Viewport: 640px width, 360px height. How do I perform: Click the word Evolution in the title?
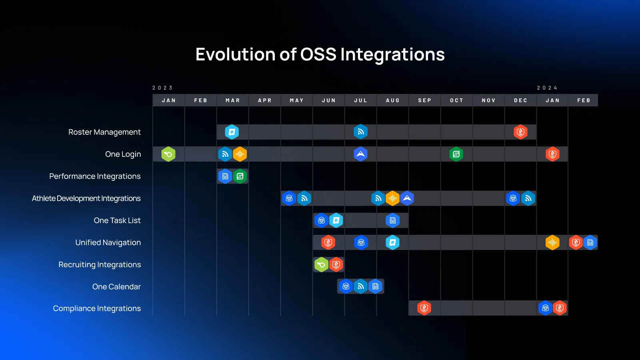[x=235, y=54]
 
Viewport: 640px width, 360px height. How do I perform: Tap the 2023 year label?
[x=162, y=88]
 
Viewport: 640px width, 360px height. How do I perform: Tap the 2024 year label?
[x=547, y=88]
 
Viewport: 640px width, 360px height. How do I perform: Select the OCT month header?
[x=456, y=100]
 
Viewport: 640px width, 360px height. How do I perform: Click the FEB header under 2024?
[x=584, y=100]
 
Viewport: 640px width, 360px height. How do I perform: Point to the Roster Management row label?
[x=104, y=132]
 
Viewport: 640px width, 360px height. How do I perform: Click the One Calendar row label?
[x=116, y=286]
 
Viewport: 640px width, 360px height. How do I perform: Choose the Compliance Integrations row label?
[x=97, y=308]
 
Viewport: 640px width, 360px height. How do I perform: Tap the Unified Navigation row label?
[x=108, y=242]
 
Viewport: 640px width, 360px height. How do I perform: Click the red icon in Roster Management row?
[x=520, y=132]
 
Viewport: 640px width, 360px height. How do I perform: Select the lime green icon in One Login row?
[x=168, y=154]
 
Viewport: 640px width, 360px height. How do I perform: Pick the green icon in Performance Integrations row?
[x=240, y=176]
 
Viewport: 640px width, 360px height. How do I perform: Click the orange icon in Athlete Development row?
[x=392, y=198]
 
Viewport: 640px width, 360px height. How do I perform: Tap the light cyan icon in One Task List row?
[x=336, y=220]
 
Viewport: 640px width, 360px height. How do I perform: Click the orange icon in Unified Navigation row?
[x=552, y=242]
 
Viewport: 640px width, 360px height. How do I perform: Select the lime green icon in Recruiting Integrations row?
[x=321, y=264]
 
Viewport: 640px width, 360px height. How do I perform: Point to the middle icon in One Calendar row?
[x=360, y=286]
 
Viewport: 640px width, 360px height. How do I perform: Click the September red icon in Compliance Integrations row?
[x=424, y=308]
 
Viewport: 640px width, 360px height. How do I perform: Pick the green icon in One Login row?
[x=456, y=154]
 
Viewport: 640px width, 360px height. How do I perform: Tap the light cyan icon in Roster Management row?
[x=232, y=132]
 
